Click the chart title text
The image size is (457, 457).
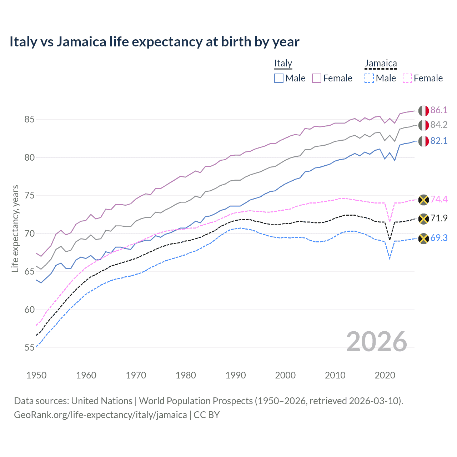coord(154,42)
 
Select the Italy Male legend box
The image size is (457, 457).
coord(279,78)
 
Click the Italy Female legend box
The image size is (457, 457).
coord(317,78)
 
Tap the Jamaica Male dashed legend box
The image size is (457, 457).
coord(369,78)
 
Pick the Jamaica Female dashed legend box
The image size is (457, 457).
coord(407,78)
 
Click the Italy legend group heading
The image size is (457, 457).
coord(283,63)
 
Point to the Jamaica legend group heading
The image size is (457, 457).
coord(381,63)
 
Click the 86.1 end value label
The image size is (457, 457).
coord(439,110)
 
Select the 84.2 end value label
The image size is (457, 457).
coord(439,125)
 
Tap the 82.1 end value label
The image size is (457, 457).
coord(439,141)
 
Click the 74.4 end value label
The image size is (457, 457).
coord(439,199)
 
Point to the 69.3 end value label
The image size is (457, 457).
coord(439,238)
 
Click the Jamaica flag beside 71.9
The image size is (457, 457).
coord(423,219)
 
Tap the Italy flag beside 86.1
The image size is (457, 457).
coord(423,111)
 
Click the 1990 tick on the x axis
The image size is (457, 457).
coord(236,375)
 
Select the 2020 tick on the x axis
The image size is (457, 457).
coord(385,375)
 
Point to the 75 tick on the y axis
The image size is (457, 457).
coord(29,196)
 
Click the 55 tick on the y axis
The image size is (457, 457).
coord(29,348)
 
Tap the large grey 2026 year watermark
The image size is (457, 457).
coord(377,342)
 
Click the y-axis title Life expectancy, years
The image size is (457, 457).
coord(15,228)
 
